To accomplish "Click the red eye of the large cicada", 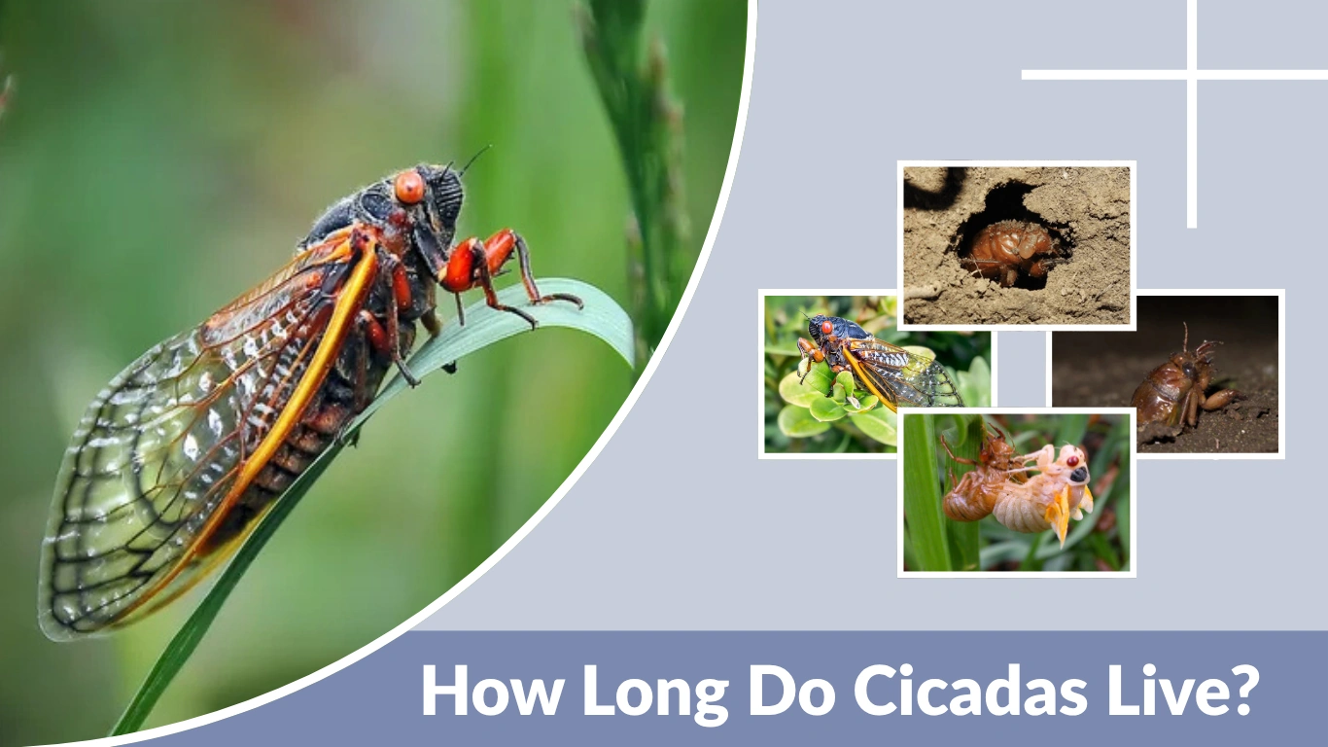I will pos(409,187).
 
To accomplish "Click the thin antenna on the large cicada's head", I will pos(474,159).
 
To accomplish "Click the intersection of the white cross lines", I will pos(1192,74).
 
